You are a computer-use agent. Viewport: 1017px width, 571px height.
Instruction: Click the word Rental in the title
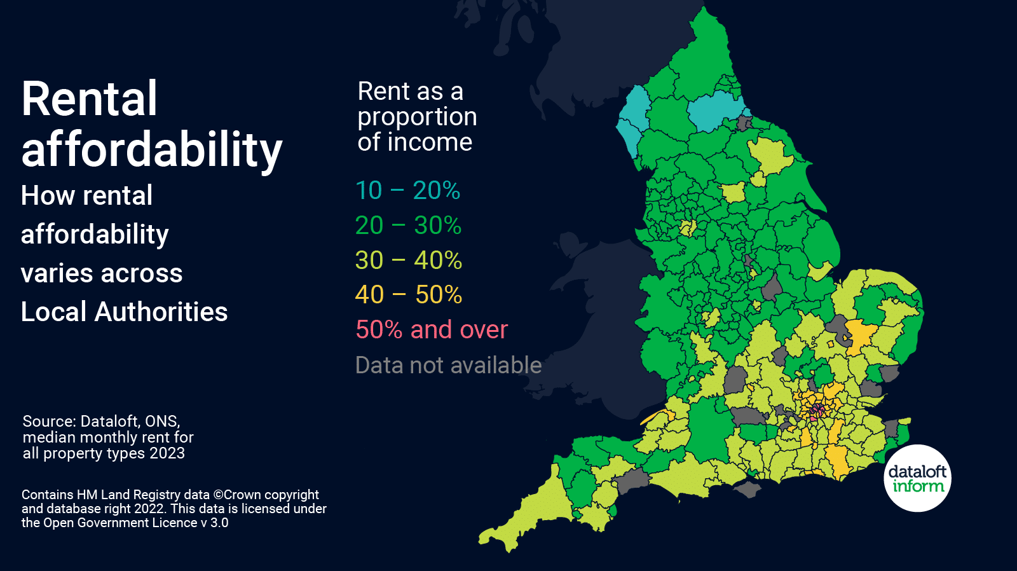(89, 99)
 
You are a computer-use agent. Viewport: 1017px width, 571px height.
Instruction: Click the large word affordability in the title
(151, 150)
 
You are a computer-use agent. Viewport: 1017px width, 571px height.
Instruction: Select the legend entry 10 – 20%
(407, 190)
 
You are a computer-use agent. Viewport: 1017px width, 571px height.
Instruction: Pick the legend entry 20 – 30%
(408, 225)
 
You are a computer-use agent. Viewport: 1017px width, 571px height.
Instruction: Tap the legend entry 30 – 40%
(408, 260)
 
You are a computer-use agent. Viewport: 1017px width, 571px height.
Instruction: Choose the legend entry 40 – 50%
(408, 294)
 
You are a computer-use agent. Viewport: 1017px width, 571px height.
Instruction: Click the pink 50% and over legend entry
(432, 329)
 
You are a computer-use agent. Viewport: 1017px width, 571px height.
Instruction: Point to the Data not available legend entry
(448, 365)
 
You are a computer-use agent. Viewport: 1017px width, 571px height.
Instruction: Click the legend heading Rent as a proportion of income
(416, 116)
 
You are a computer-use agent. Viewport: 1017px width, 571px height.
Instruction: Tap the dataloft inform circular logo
(917, 478)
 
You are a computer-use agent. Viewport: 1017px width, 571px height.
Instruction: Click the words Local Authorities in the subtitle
(124, 312)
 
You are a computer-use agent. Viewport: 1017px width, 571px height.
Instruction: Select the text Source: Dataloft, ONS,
(101, 421)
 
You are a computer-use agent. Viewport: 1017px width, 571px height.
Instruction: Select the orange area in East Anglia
(860, 333)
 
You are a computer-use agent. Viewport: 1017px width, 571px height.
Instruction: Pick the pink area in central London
(816, 410)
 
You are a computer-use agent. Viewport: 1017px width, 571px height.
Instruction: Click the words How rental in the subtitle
(86, 195)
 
